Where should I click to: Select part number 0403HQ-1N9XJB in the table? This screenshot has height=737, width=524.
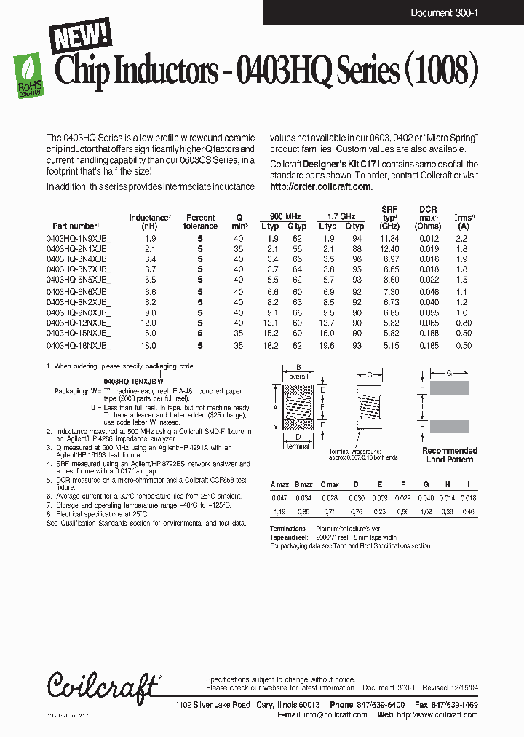(x=76, y=239)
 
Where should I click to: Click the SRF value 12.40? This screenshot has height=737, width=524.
(x=389, y=248)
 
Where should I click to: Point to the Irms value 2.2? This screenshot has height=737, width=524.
(x=461, y=239)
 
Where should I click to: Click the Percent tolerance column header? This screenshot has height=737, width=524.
(x=200, y=222)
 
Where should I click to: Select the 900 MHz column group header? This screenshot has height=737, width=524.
(x=285, y=217)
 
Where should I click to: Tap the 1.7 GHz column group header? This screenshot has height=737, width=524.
(x=341, y=217)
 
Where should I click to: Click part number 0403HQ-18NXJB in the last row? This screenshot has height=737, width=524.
(x=76, y=346)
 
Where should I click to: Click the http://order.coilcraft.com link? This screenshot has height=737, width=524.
(x=321, y=186)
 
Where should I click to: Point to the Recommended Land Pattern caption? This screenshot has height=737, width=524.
(x=449, y=455)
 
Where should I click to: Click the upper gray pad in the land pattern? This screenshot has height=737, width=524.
(x=449, y=389)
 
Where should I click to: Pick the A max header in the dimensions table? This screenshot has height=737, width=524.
(x=280, y=484)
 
